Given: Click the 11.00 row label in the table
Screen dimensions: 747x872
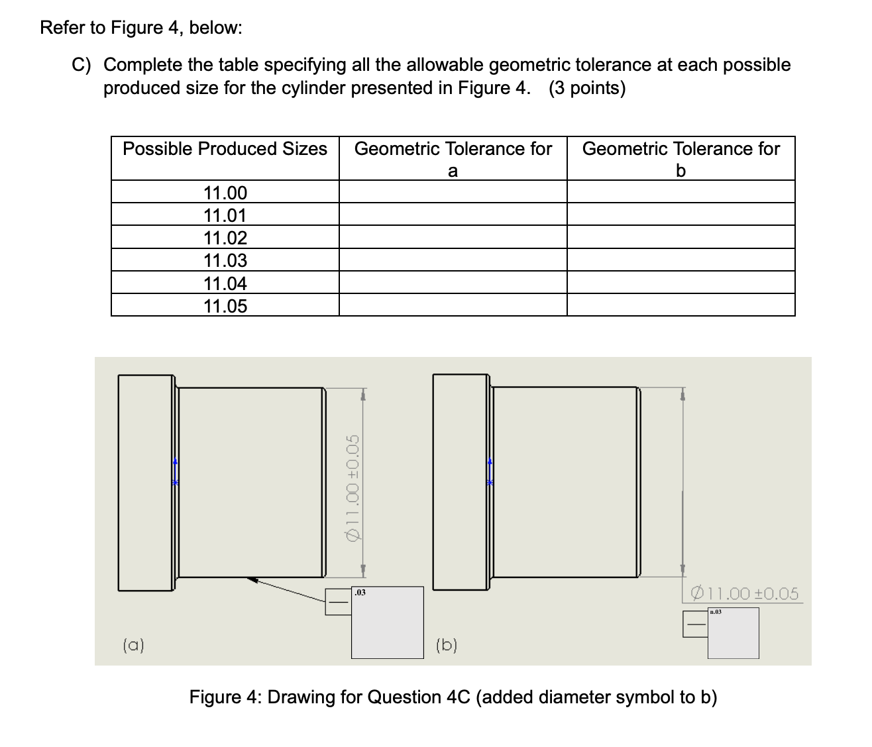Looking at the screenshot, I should [225, 193].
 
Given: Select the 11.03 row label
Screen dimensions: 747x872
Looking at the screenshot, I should [225, 260].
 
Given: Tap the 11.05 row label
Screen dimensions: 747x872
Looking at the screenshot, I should [225, 306].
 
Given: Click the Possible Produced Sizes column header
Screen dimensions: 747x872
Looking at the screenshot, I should [225, 148].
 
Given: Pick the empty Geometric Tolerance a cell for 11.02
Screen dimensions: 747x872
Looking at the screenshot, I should [453, 237].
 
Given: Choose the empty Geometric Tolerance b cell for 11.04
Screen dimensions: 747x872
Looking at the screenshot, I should [681, 283].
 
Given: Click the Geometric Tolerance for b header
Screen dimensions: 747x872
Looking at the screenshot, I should [681, 159].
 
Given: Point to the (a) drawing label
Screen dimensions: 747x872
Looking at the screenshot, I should [135, 644].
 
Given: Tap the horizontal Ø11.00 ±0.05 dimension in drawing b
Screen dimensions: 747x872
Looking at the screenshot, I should [744, 593].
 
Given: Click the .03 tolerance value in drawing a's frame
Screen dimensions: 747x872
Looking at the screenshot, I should [360, 593].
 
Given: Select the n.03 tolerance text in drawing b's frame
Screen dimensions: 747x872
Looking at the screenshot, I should [716, 613].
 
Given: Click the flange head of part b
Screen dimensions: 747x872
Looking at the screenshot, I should [461, 481].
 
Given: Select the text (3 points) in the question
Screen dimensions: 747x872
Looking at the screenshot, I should [586, 88].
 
